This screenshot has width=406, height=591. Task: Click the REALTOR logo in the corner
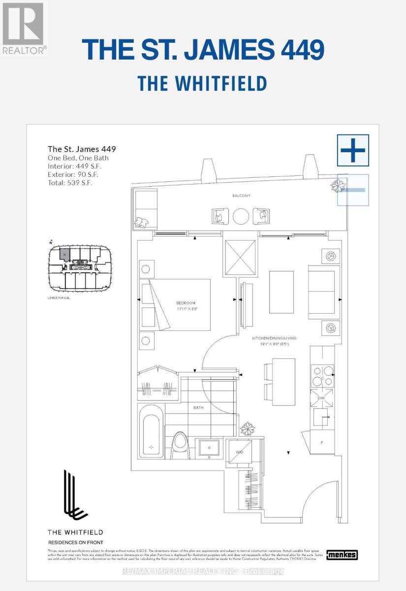pyautogui.click(x=24, y=28)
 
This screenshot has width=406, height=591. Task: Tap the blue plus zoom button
pyautogui.click(x=353, y=150)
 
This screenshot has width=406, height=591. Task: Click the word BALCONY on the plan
pyautogui.click(x=242, y=196)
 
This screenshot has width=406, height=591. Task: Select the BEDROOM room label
pyautogui.click(x=187, y=302)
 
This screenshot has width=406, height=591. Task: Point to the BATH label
pyautogui.click(x=198, y=407)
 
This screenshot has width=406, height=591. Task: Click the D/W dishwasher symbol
pyautogui.click(x=322, y=397)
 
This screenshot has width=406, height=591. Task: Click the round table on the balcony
pyautogui.click(x=241, y=216)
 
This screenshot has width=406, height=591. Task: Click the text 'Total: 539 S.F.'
pyautogui.click(x=70, y=182)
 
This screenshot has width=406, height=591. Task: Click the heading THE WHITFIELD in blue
pyautogui.click(x=202, y=83)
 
